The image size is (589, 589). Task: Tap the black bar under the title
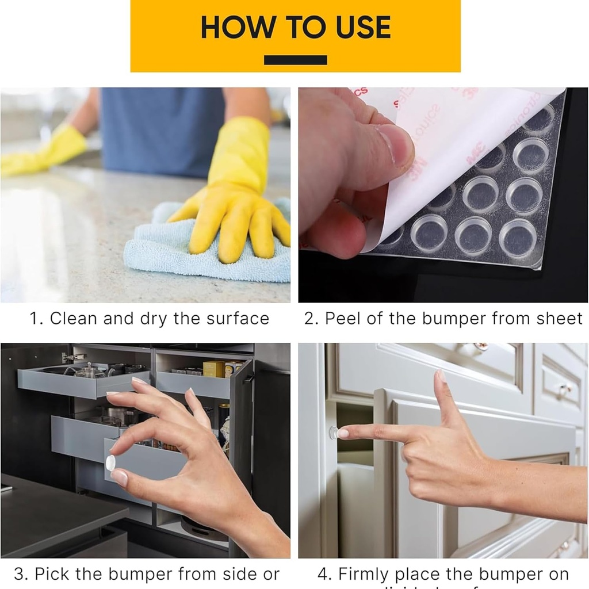point(295,60)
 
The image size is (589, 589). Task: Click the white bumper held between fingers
point(110,462)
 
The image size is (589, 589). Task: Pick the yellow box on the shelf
point(213,369)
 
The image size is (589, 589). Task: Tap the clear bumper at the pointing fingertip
point(333,433)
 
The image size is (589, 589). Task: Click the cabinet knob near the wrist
point(564,389)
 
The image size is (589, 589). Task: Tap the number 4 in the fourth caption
point(324,574)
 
